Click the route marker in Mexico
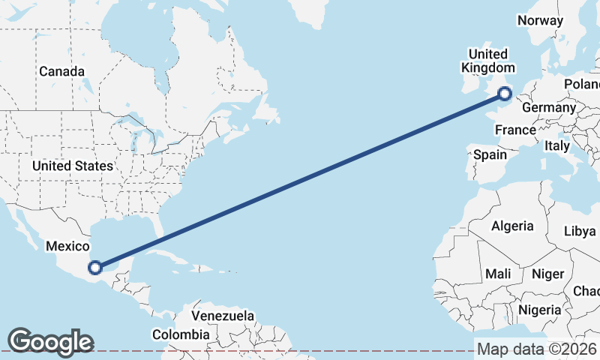tap(95, 266)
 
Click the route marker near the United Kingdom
tap(505, 94)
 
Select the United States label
tap(73, 166)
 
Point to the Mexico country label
tap(67, 246)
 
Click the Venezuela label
tap(223, 316)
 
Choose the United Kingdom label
tap(487, 61)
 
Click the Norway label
tap(540, 21)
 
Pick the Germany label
tap(547, 108)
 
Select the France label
tap(515, 130)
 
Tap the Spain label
tap(490, 155)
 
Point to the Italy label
tap(557, 145)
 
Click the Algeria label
tap(512, 226)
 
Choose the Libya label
tap(580, 231)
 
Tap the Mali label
tap(498, 274)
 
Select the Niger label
tap(547, 274)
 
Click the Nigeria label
tap(539, 310)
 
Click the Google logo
tap(49, 342)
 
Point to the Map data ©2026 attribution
tap(536, 349)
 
